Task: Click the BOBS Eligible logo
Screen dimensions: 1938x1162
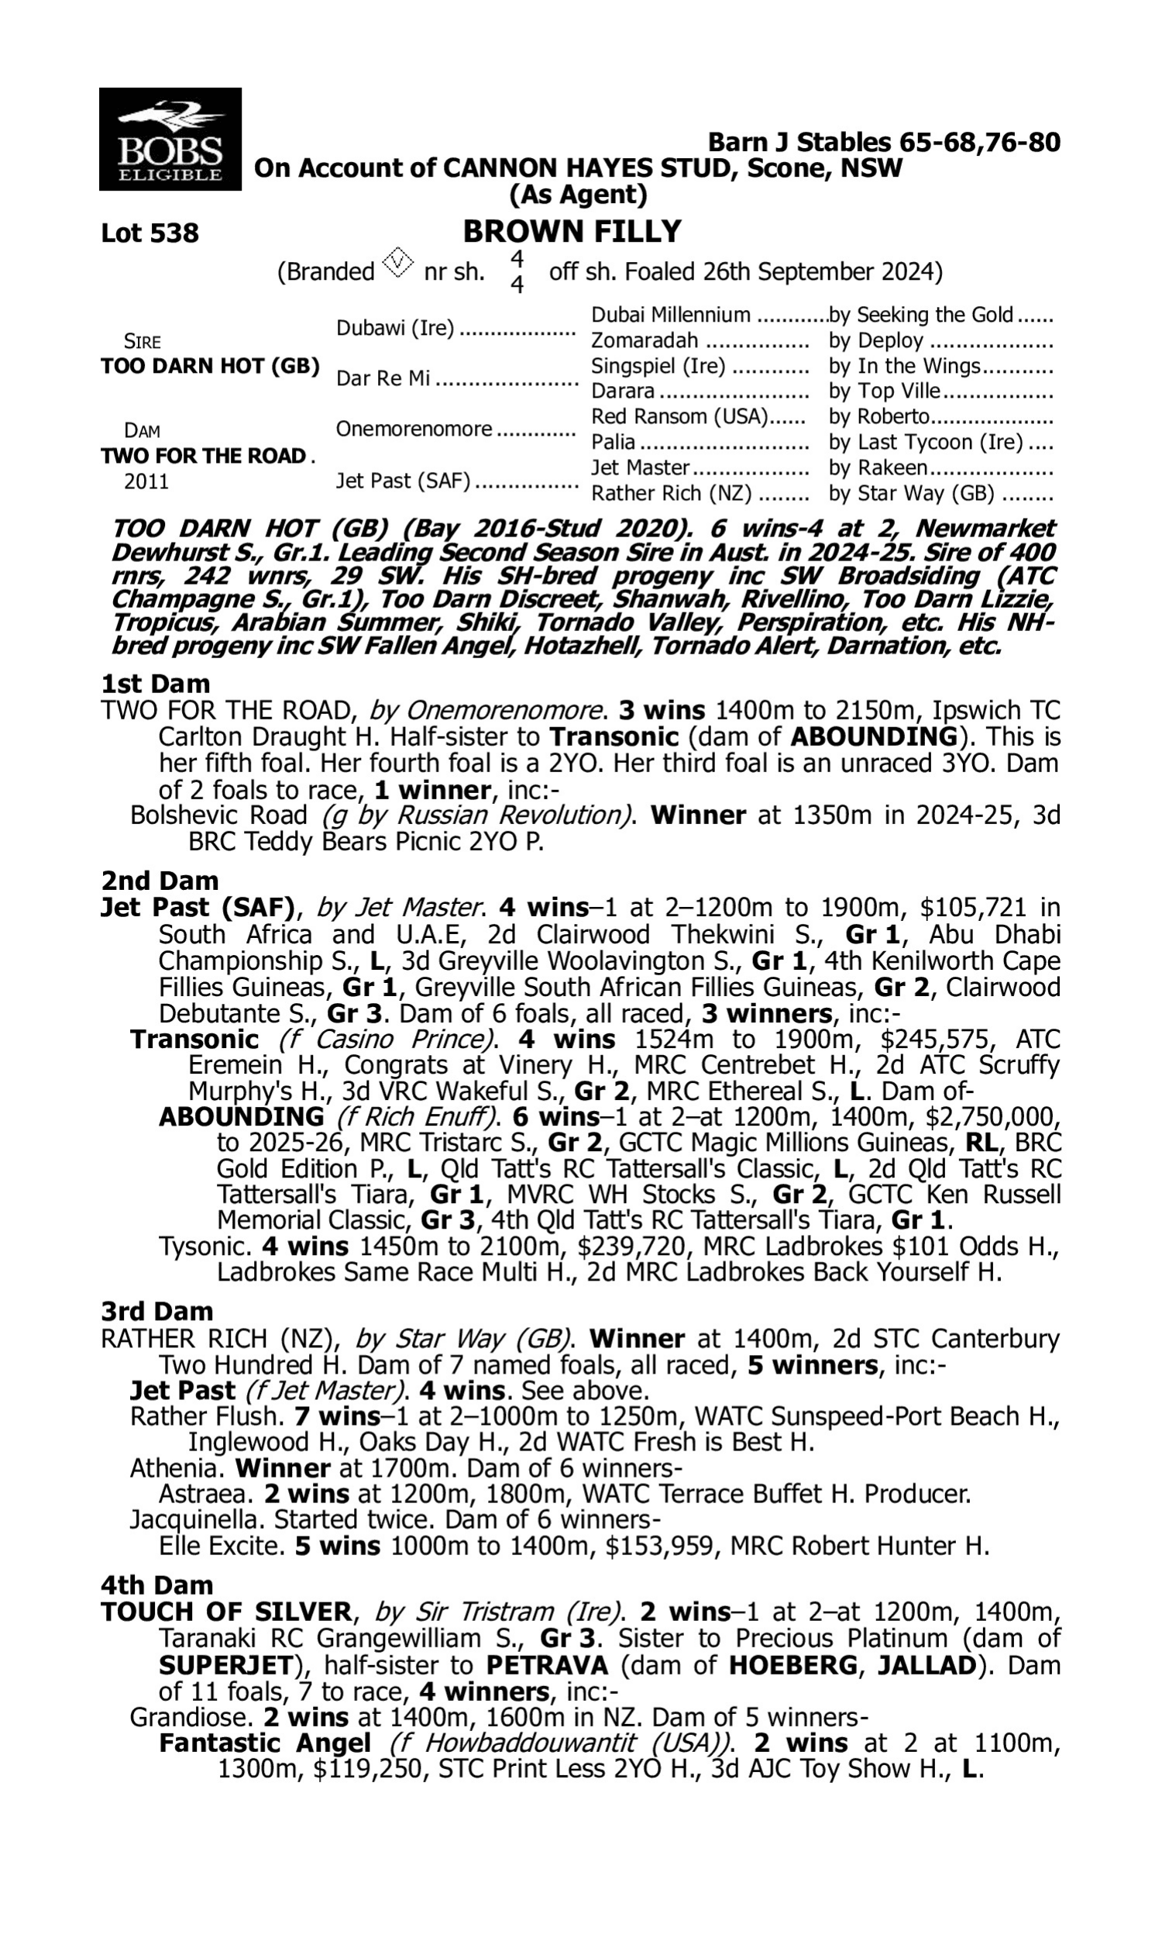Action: click(x=170, y=139)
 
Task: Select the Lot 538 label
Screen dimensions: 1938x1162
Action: click(x=150, y=233)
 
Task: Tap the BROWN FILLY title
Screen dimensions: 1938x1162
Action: click(x=572, y=232)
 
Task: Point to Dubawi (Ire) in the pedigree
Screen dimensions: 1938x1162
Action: click(x=394, y=328)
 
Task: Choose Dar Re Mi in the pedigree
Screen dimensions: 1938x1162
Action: click(x=383, y=378)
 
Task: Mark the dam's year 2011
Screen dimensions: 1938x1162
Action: click(x=146, y=481)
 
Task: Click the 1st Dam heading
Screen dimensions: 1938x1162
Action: click(x=155, y=684)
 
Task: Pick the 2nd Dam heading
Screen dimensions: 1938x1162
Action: click(x=159, y=881)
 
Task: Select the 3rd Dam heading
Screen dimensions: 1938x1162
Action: click(x=156, y=1312)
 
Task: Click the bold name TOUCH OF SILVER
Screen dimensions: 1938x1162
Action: click(x=226, y=1612)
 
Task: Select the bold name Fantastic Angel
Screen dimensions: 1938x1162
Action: click(x=265, y=1743)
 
